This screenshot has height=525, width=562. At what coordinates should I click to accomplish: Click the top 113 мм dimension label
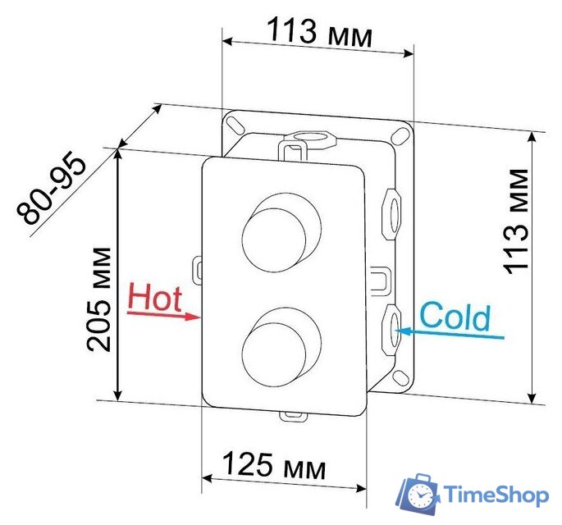tap(320, 34)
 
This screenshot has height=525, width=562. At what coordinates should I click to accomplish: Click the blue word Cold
tap(455, 317)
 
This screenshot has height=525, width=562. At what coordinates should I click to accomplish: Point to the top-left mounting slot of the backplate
tap(235, 124)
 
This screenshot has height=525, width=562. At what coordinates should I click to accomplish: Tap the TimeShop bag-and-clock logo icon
tap(418, 495)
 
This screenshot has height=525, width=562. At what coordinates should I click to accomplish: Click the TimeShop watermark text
tap(496, 495)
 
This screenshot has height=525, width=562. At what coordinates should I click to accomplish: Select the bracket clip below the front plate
tap(291, 414)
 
